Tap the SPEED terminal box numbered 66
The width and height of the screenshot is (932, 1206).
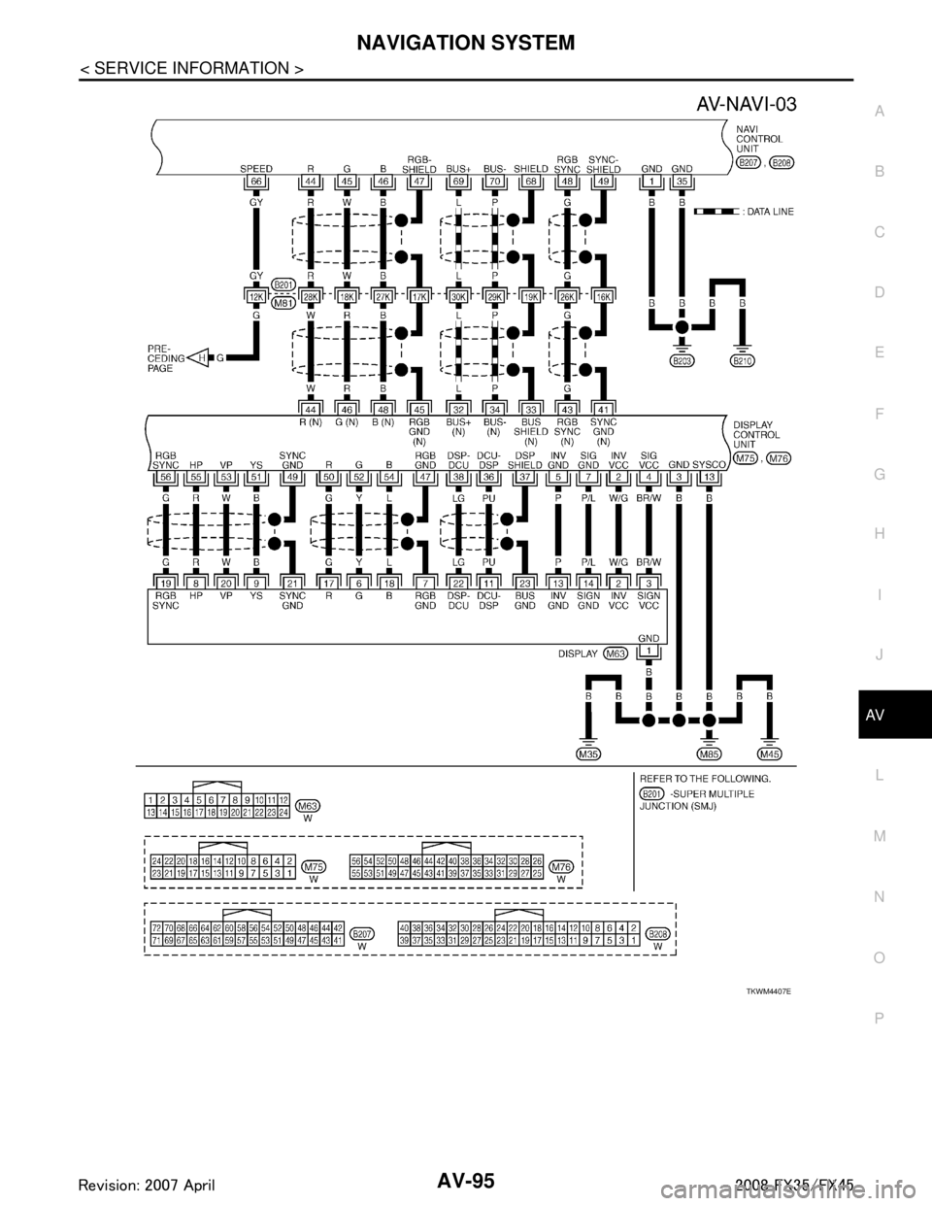256,181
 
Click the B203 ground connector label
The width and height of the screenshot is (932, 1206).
682,362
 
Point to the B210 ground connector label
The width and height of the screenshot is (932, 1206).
744,362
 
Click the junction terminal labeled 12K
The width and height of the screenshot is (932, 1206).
256,295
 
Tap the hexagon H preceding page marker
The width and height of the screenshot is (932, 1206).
202,357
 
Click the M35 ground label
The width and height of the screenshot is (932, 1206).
588,753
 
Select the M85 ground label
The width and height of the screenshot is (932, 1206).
710,753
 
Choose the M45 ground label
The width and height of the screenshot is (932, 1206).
770,753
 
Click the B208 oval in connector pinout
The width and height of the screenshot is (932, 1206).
657,930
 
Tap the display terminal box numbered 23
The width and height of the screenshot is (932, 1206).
526,581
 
